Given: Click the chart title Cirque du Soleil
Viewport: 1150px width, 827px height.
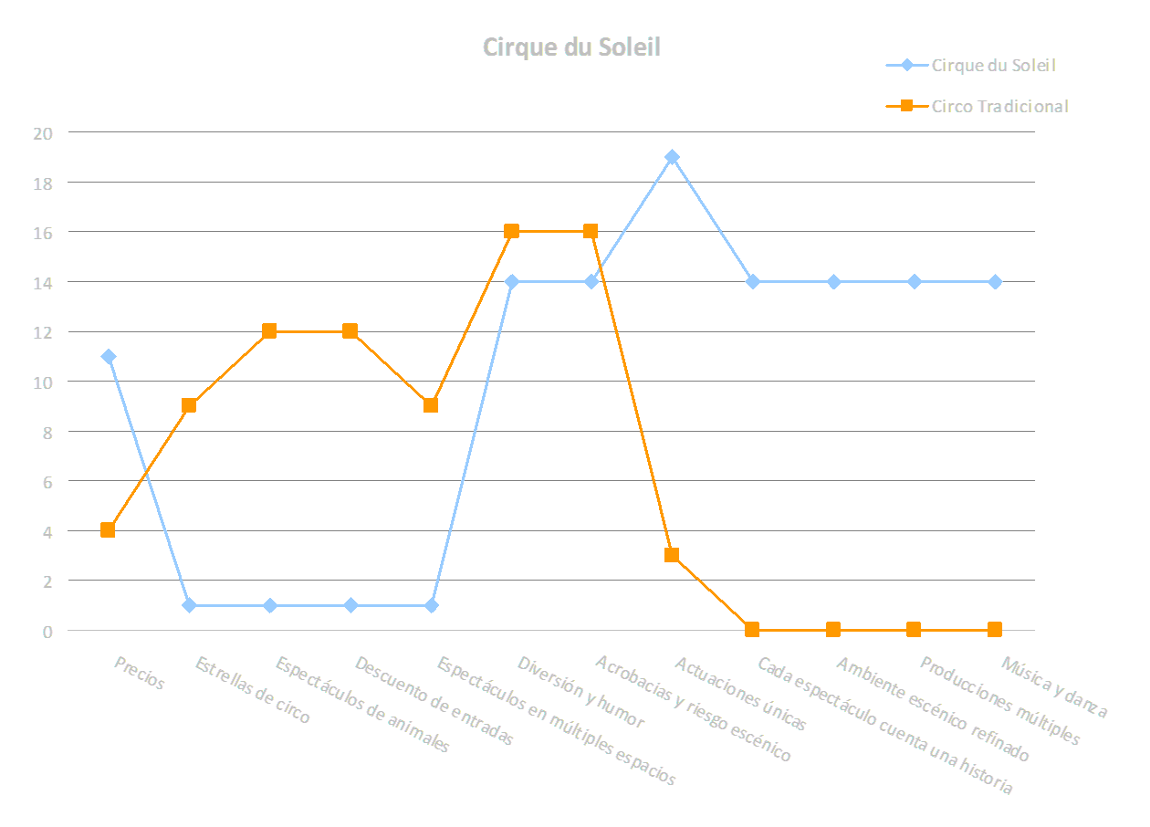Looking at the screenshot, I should coord(571,47).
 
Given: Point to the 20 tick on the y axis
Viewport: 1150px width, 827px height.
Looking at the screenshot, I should coord(43,132).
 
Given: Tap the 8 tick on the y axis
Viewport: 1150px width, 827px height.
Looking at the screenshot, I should coord(47,432).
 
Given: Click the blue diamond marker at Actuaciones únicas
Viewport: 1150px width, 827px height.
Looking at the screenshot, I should coord(673,157).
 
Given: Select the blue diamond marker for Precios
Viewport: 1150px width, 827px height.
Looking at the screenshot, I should coord(109,357).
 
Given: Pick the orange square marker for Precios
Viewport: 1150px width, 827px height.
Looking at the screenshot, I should coord(109,530).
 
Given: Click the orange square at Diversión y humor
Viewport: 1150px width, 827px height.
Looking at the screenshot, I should coord(512,232).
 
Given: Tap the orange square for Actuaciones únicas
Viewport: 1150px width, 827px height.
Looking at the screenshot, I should coord(673,555).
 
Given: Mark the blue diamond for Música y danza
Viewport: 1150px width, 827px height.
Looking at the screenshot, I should coord(995,282).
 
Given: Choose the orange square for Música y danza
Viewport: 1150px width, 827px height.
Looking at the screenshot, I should coord(995,630).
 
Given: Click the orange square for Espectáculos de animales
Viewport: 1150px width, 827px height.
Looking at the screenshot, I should coord(270,331).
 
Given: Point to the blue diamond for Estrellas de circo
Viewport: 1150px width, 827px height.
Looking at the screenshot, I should coord(189,605).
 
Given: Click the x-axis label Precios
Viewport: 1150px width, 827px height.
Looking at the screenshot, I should coord(139,673).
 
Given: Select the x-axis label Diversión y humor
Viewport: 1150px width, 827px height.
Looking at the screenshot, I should coord(580,692).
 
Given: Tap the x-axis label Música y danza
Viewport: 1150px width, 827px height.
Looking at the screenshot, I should coord(1054,687).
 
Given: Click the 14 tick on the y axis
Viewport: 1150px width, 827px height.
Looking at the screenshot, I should coord(43,282).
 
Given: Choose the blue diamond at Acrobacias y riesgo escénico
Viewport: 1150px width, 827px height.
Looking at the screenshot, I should coord(592,282).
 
